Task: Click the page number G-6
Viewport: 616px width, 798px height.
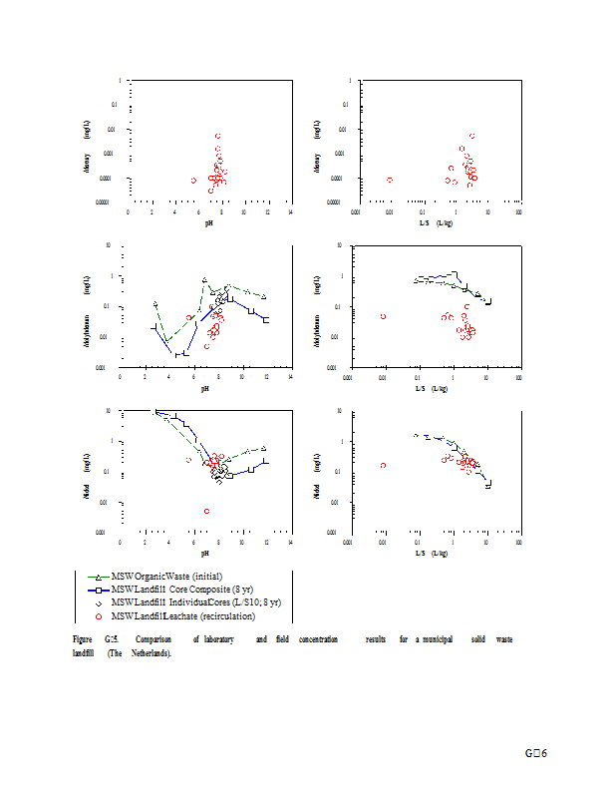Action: click(x=537, y=752)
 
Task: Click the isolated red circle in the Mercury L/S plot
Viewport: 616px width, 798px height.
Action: click(x=389, y=180)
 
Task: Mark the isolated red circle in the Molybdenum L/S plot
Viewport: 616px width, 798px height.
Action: click(x=383, y=316)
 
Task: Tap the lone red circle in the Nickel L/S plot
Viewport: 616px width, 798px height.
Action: click(x=383, y=465)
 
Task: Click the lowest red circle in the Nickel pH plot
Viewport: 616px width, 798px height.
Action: click(x=206, y=511)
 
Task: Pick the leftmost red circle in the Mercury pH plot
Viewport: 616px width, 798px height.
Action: click(x=193, y=181)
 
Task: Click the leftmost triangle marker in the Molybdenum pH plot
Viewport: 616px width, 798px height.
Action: click(x=155, y=303)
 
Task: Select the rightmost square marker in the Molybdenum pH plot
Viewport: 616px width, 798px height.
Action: click(x=266, y=320)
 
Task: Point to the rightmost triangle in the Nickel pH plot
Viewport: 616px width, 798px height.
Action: click(x=264, y=448)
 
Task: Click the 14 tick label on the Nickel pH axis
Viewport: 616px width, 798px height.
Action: click(x=290, y=542)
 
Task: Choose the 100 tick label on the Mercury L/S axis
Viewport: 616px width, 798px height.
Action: click(x=519, y=211)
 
